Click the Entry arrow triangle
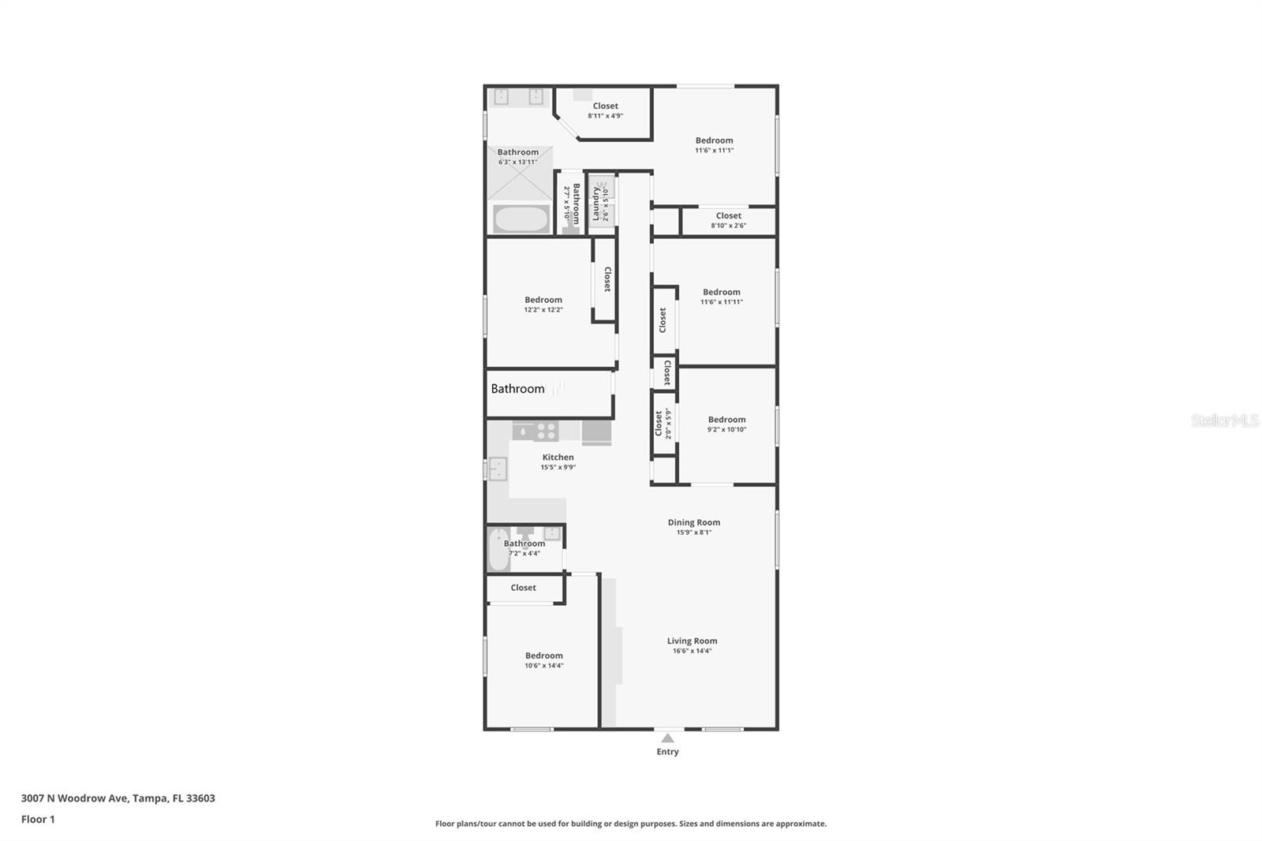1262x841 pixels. pos(667,738)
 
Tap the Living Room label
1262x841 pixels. pos(692,641)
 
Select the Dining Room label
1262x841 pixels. pos(693,522)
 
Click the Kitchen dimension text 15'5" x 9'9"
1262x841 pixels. pos(558,467)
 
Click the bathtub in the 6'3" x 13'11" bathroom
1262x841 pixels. pos(521,219)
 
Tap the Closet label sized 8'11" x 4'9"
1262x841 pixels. pos(605,106)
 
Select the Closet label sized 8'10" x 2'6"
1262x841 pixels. pos(728,215)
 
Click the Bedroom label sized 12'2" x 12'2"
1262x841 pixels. pos(543,300)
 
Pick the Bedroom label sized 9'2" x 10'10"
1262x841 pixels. pos(726,420)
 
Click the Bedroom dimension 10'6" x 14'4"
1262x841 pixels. pos(543,666)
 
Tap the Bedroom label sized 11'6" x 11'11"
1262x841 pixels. pos(721,292)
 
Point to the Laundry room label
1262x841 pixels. pos(596,204)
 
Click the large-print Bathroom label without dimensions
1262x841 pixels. pos(517,389)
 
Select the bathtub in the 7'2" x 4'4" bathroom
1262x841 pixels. pos(498,550)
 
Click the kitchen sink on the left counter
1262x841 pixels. pos(497,469)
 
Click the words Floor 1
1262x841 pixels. pos(38,820)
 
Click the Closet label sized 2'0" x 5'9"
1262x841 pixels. pos(659,424)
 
